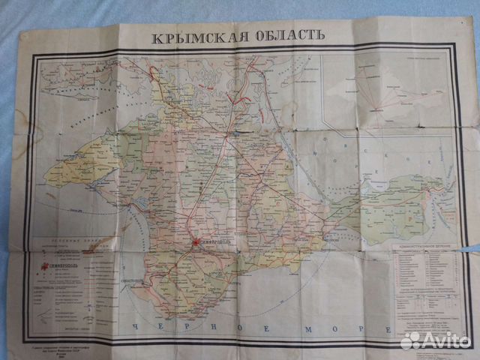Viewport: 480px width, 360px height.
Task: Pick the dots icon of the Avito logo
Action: click(x=411, y=340)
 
